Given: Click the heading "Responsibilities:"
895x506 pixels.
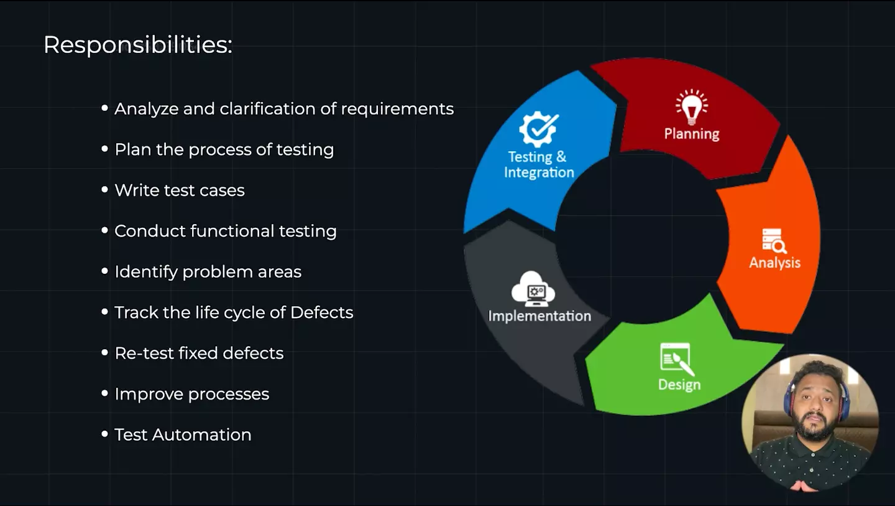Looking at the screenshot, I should [137, 45].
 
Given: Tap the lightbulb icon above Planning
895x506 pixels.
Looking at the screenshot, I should [691, 106].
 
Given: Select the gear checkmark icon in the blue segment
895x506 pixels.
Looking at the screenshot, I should [538, 129].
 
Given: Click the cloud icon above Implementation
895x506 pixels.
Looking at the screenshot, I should [533, 288].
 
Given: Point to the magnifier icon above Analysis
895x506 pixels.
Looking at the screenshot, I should [774, 241].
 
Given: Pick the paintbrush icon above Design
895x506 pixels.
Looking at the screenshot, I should [677, 360].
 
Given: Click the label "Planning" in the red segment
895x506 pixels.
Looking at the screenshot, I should [691, 134].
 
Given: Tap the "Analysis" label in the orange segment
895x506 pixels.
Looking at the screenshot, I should [774, 263].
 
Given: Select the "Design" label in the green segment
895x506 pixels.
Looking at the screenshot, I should [679, 385].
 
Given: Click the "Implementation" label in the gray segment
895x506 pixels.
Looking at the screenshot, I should [539, 316].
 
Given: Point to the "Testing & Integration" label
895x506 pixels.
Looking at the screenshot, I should [538, 165].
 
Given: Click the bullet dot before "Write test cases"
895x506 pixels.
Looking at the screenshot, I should [104, 190].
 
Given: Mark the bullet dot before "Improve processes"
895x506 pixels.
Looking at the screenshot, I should [104, 394].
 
